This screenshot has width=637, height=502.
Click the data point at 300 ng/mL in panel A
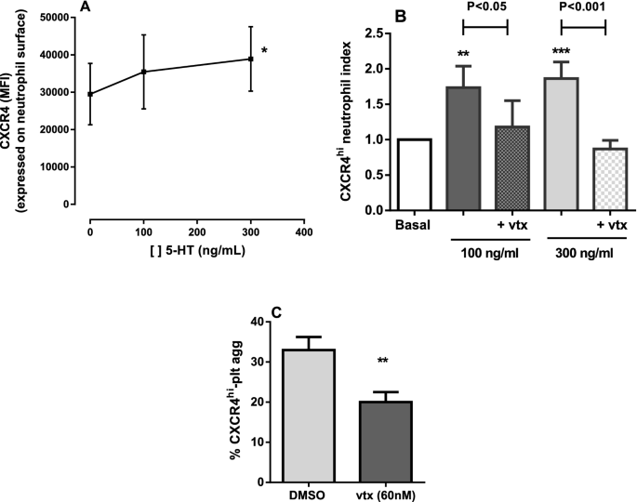(x=250, y=59)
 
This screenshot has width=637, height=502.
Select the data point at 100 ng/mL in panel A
(x=143, y=72)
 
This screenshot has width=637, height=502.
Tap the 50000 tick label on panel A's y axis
(x=60, y=18)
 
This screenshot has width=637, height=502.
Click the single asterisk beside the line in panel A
(x=264, y=52)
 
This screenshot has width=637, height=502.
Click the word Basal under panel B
(x=412, y=224)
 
